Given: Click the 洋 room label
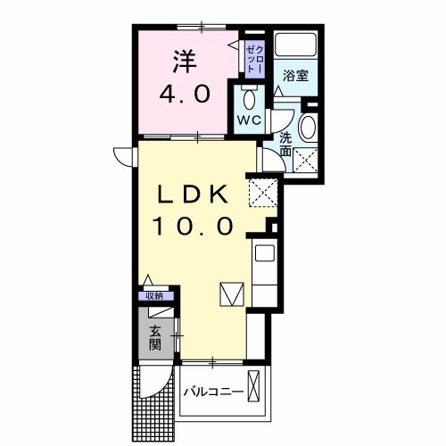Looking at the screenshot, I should click(x=184, y=62).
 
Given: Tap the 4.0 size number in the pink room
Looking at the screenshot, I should click(x=184, y=94).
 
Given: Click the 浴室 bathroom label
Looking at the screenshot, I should click(x=296, y=76).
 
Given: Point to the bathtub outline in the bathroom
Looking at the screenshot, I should click(x=295, y=45).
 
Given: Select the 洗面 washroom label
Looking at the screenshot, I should click(x=285, y=145).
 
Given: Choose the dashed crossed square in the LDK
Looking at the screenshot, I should click(x=261, y=190).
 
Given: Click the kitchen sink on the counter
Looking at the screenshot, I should click(x=265, y=254).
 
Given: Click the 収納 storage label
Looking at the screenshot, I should click(x=154, y=295).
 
